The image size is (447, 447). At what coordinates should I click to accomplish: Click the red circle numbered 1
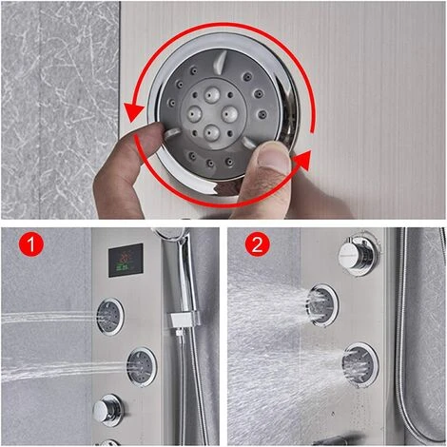point(31,244)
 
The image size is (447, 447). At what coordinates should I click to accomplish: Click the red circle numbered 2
point(257,244)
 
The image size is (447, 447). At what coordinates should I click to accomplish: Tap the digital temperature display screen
point(126,261)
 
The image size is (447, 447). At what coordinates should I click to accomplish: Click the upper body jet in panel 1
point(109,316)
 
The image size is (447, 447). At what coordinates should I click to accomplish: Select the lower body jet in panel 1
point(142,367)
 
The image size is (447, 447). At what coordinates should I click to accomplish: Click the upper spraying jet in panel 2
point(322,305)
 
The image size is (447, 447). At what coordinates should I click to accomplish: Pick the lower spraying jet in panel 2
point(360,365)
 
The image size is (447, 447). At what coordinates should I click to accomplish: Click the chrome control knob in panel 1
point(107,411)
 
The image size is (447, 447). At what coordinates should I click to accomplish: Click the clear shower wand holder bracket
point(184,320)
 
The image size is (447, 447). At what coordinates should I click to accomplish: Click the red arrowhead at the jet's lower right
point(302,161)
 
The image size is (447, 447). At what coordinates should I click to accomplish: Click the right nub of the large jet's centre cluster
point(230,114)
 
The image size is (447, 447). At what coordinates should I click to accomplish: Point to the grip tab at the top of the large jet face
point(220,62)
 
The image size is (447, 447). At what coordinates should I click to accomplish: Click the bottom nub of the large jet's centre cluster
point(212,132)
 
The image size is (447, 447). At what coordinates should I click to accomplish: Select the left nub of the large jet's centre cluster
point(195,113)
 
